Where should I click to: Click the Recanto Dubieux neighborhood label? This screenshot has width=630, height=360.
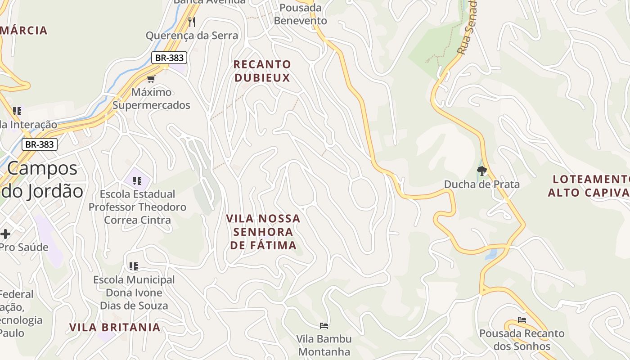[262, 71]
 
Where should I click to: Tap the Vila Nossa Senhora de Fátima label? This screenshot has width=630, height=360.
[263, 232]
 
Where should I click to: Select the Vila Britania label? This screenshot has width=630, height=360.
[115, 327]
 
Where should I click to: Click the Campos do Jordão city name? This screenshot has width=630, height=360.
[43, 180]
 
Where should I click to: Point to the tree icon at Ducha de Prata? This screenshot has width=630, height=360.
[481, 171]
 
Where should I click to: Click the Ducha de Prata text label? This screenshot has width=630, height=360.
[481, 184]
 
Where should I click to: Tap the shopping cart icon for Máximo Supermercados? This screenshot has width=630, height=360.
[151, 79]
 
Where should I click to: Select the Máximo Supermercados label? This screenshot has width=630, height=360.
[151, 99]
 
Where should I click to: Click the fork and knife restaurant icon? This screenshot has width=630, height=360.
[192, 22]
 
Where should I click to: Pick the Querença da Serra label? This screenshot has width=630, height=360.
[192, 36]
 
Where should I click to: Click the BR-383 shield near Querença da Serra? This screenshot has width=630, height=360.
[169, 58]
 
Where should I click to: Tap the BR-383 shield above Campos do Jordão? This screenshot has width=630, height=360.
[40, 144]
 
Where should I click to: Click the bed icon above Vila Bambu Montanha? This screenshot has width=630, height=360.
[324, 325]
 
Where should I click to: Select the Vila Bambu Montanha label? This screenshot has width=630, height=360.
[324, 345]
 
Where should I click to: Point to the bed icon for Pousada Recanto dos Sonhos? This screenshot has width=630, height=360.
[522, 320]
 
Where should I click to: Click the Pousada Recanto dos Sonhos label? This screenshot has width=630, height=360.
[522, 340]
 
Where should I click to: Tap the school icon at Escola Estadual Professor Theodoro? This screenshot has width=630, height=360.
[137, 181]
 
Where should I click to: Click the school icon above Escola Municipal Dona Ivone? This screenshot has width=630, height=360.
[133, 266]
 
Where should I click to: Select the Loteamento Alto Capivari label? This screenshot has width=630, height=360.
[589, 186]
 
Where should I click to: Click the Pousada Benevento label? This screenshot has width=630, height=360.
[301, 14]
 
